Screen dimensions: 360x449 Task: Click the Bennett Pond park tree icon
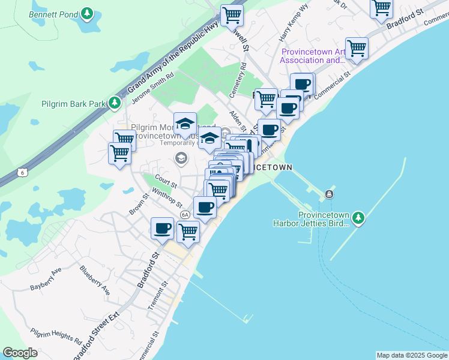coord(87,13)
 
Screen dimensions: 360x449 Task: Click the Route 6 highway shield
coord(23,172)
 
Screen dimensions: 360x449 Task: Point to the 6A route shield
coord(185,214)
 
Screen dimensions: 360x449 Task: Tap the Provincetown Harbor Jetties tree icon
coord(358,217)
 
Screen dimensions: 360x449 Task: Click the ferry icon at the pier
coord(329,194)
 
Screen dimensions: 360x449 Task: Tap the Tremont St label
coord(154,298)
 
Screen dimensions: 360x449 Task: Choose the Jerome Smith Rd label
coord(154,88)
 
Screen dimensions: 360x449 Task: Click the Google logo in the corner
coord(20,353)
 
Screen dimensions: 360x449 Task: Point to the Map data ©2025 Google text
coord(412,355)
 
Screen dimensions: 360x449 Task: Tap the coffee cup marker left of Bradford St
coord(163,229)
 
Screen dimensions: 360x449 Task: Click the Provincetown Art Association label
coord(312,56)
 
